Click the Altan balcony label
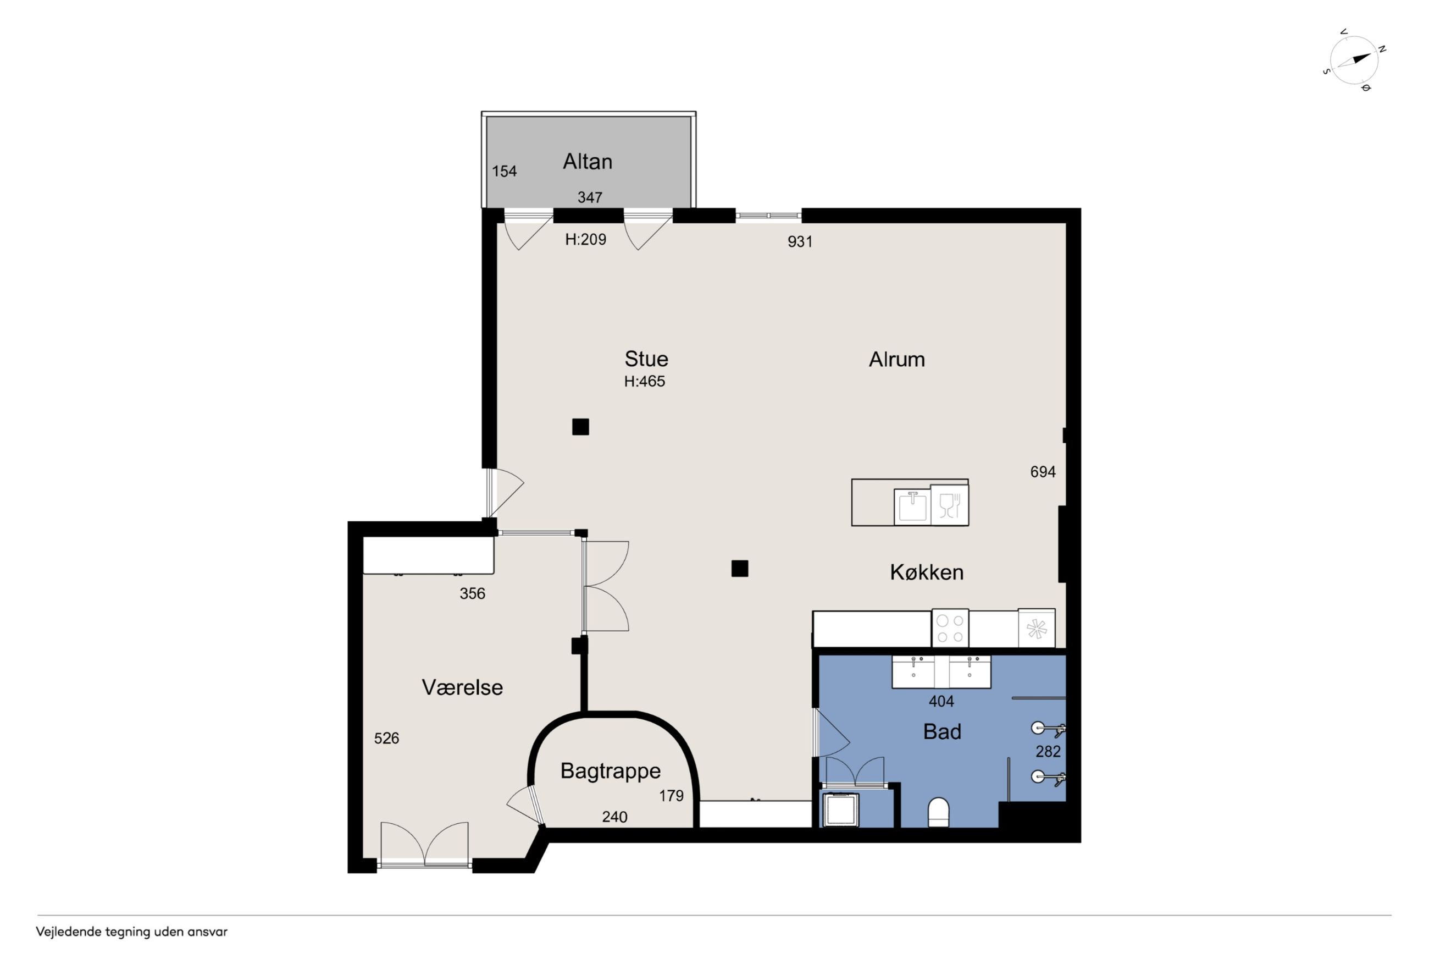(x=588, y=161)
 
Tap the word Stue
(x=646, y=359)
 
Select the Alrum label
(x=896, y=359)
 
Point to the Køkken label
(x=926, y=572)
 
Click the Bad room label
(x=942, y=731)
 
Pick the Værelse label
(x=462, y=687)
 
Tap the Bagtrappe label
(x=610, y=772)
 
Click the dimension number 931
(x=800, y=241)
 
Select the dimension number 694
(x=1043, y=472)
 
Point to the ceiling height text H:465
(x=644, y=381)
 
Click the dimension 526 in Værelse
(x=386, y=738)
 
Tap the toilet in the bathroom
(x=938, y=812)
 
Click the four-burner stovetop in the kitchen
(x=950, y=629)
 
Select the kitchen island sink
(x=912, y=506)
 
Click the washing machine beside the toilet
(x=840, y=809)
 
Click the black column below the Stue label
(x=580, y=427)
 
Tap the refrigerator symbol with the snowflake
(x=1037, y=629)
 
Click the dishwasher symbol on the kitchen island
(x=949, y=504)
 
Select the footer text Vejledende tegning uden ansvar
(x=131, y=932)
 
